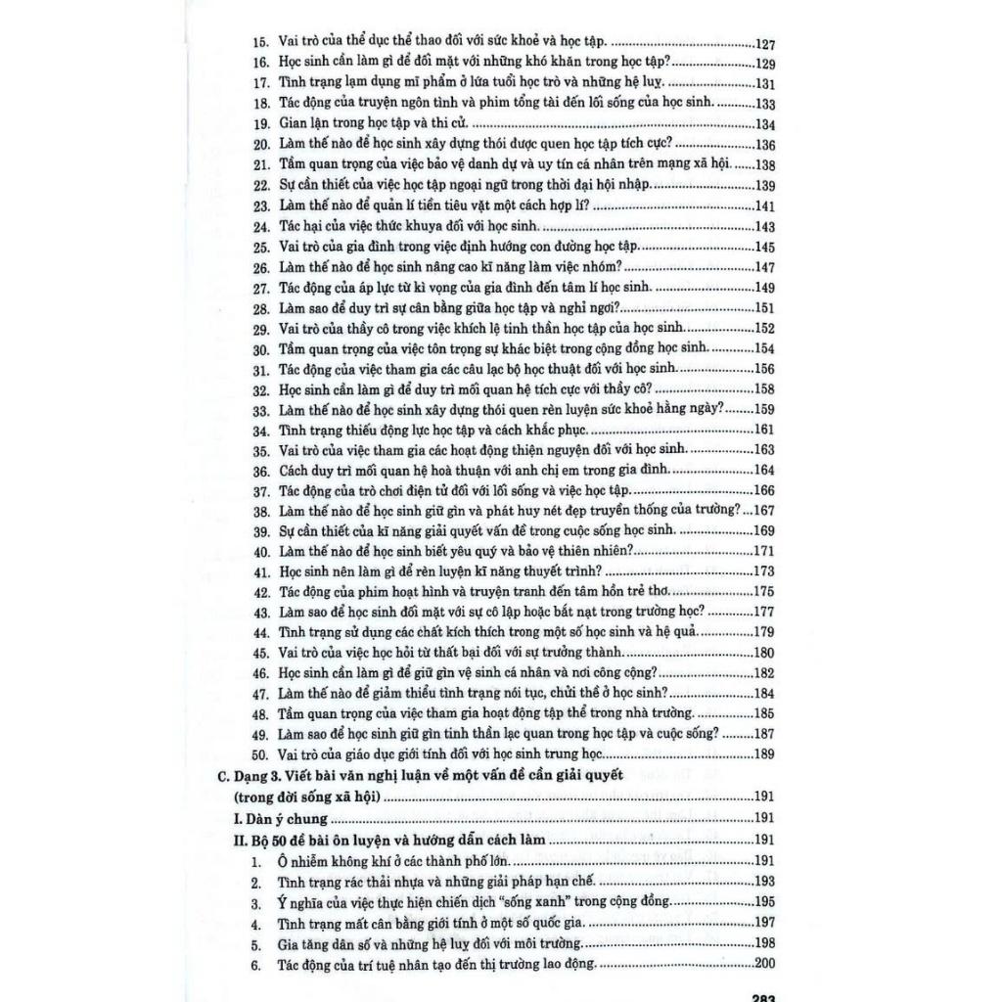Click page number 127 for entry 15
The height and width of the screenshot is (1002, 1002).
click(x=765, y=44)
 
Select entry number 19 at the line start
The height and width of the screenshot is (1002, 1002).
click(x=260, y=124)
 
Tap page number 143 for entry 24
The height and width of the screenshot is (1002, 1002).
click(x=765, y=227)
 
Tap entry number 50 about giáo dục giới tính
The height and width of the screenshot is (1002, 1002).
click(x=259, y=753)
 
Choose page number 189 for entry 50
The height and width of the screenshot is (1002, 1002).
click(x=765, y=753)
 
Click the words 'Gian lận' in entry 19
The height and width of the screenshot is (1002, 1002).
click(x=306, y=124)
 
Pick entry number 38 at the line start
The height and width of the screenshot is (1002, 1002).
click(x=260, y=511)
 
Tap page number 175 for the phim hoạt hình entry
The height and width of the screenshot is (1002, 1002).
click(x=765, y=591)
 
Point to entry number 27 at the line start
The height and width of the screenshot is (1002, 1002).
click(x=260, y=288)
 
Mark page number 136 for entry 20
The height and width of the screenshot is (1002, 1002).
click(x=765, y=145)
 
